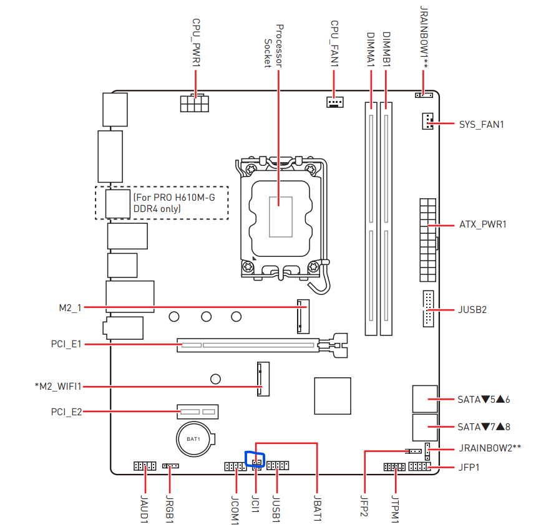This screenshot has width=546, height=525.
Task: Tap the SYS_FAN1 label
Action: (x=481, y=124)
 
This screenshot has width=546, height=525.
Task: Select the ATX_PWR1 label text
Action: (x=482, y=224)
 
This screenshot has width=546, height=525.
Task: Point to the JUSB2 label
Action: (x=472, y=309)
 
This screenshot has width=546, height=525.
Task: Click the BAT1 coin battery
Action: (x=193, y=438)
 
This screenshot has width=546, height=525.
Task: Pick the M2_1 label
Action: (x=70, y=307)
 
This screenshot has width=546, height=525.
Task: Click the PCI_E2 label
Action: (x=67, y=412)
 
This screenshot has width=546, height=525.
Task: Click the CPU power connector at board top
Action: (x=193, y=104)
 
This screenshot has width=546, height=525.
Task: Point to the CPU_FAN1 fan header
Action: (x=335, y=102)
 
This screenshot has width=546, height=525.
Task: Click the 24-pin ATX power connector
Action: (x=427, y=240)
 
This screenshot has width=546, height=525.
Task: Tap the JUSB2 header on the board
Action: (x=427, y=309)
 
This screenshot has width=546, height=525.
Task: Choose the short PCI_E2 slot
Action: (x=199, y=412)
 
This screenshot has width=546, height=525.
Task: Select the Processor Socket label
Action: (x=273, y=46)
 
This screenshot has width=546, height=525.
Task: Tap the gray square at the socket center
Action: (x=280, y=216)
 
